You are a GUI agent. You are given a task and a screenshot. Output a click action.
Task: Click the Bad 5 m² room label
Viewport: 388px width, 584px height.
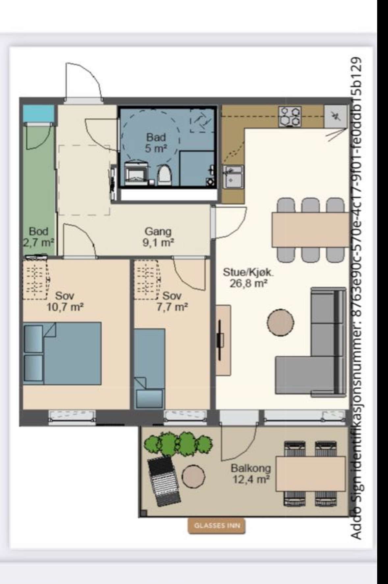coord(156,142)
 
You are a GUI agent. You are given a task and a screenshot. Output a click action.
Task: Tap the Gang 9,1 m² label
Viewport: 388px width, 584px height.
coord(158,237)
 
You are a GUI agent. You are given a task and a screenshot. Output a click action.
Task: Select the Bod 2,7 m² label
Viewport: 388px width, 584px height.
coord(39,237)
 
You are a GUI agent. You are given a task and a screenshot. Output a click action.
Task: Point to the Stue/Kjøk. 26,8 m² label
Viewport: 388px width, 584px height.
coord(248,278)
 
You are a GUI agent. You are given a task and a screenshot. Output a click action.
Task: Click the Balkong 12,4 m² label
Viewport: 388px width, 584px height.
coord(251,473)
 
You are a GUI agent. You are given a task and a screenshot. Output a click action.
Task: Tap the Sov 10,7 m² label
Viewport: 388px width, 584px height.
coord(65,301)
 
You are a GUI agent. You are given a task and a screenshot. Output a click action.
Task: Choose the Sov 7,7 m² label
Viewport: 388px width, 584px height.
coord(172,301)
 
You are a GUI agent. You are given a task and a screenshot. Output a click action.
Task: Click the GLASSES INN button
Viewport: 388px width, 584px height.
coord(217,525)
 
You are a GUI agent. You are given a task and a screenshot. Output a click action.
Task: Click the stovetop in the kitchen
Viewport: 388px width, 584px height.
coord(290,117)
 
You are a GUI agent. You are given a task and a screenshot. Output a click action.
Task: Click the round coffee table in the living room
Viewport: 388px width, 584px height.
coord(280,322)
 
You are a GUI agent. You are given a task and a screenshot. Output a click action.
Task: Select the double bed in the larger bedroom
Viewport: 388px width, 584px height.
coord(62,353)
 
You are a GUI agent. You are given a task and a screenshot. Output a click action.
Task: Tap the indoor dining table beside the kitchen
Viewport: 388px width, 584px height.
coord(310,230)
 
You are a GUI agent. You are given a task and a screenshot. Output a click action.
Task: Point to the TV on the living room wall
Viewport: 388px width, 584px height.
coord(220,339)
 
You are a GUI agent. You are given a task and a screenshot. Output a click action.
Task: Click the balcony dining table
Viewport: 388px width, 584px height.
coord(311,474)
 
